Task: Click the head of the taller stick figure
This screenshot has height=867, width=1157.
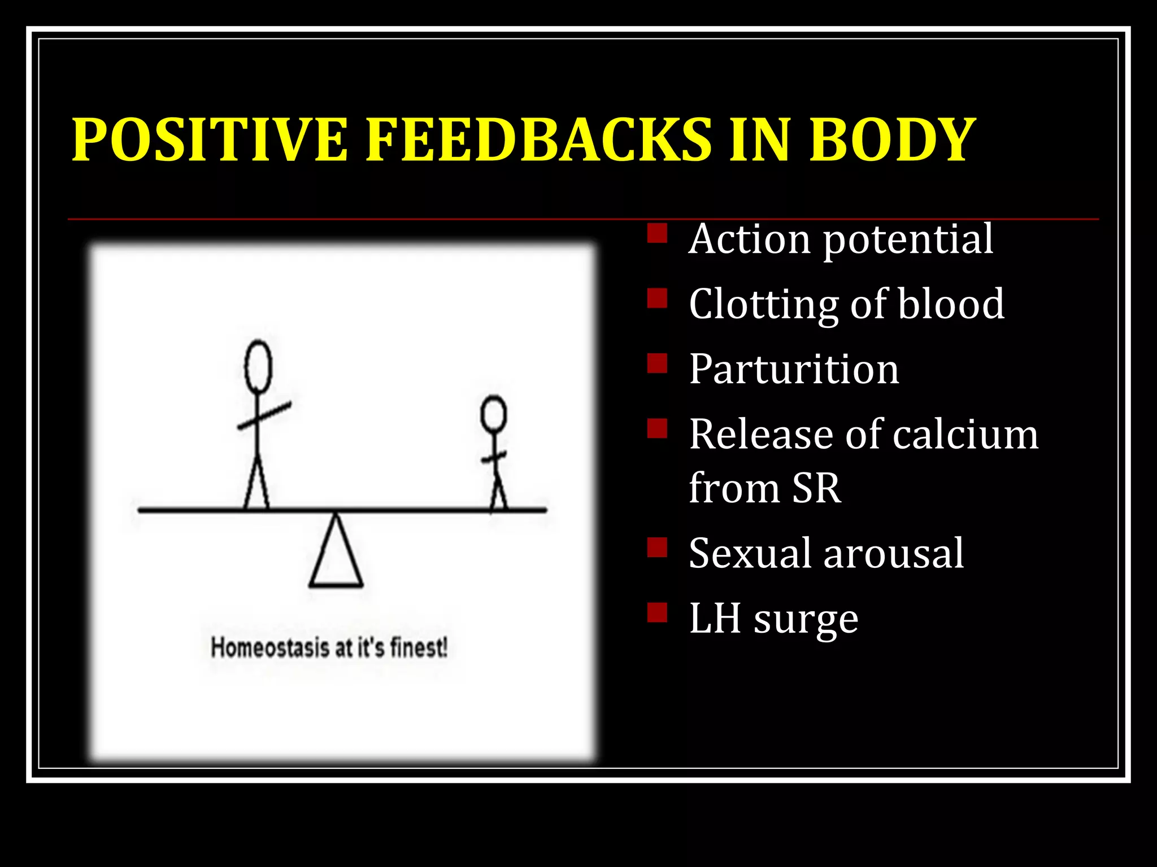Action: click(258, 367)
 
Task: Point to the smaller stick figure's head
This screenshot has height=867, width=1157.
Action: click(493, 414)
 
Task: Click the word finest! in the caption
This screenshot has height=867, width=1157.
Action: click(419, 647)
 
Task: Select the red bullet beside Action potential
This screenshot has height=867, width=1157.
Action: click(657, 233)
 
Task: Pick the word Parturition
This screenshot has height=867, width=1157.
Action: click(794, 369)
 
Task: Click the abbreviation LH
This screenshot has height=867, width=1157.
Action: click(714, 618)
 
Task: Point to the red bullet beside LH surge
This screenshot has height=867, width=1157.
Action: click(657, 612)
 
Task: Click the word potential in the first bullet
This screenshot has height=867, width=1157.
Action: click(908, 239)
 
